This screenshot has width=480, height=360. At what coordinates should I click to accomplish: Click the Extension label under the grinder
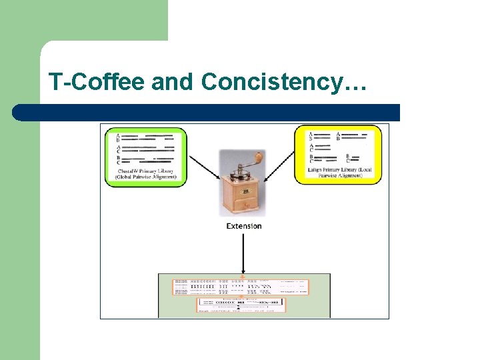(x=244, y=226)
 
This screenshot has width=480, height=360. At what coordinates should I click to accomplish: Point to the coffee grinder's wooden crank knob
(x=258, y=157)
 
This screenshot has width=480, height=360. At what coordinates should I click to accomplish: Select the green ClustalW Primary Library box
(x=145, y=157)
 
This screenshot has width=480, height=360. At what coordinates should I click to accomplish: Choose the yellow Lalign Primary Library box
(x=338, y=155)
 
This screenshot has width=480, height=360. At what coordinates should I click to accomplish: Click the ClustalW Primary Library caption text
(x=145, y=175)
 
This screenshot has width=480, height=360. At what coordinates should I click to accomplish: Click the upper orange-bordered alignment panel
(x=241, y=287)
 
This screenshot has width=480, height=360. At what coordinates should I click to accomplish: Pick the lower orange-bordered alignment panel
(x=240, y=305)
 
